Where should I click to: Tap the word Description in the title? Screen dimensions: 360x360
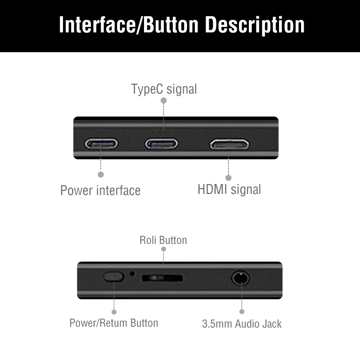coord(255,25)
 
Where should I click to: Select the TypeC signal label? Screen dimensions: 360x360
coord(164,89)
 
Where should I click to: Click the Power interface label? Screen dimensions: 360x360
coord(100,190)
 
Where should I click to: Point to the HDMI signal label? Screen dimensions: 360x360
coord(229,189)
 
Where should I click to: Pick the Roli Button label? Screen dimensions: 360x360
coord(163,240)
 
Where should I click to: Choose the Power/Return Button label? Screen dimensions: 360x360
coord(113,323)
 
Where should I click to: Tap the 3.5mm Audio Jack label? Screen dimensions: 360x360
coord(241,324)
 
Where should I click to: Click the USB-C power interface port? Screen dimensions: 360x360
coord(102,144)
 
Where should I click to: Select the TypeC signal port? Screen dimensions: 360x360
coord(161,144)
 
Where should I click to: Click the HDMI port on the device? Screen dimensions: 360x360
coord(229,144)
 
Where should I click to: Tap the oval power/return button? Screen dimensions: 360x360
coord(113,276)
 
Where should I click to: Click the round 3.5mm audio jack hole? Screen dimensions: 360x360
coord(241,278)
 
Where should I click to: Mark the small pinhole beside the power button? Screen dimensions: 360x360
coord(132,273)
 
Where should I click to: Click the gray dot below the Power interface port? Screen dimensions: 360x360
coord(101,174)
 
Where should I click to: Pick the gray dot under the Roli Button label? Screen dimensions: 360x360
coord(163,249)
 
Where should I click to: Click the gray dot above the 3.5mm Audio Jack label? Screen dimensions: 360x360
coord(242,311)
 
